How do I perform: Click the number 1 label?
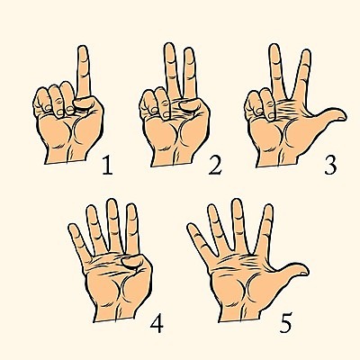(107, 165)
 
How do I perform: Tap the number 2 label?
(215, 165)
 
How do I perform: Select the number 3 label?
(330, 165)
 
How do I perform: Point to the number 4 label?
(157, 323)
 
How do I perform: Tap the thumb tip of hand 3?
(341, 115)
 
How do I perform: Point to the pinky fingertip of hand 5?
(192, 228)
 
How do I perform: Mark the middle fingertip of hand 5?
(237, 204)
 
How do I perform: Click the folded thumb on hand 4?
(133, 262)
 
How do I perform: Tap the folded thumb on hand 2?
(190, 105)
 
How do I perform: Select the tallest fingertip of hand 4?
(112, 205)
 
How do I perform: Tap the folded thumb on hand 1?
(85, 103)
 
